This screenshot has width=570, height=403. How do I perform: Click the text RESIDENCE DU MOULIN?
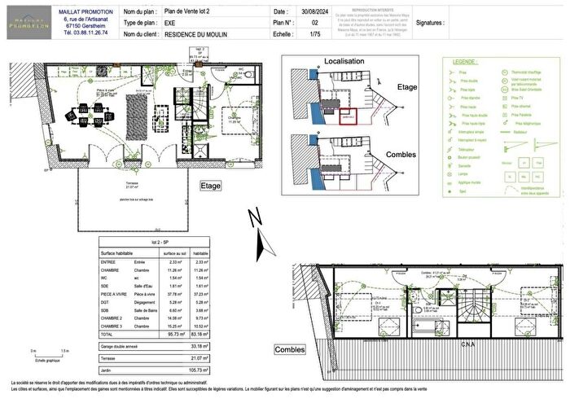pos(204,37)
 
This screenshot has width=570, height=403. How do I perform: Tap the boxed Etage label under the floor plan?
pos(210,186)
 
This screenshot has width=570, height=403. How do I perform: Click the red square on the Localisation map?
pos(348,116)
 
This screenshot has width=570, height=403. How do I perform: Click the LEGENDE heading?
pos(464,62)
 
